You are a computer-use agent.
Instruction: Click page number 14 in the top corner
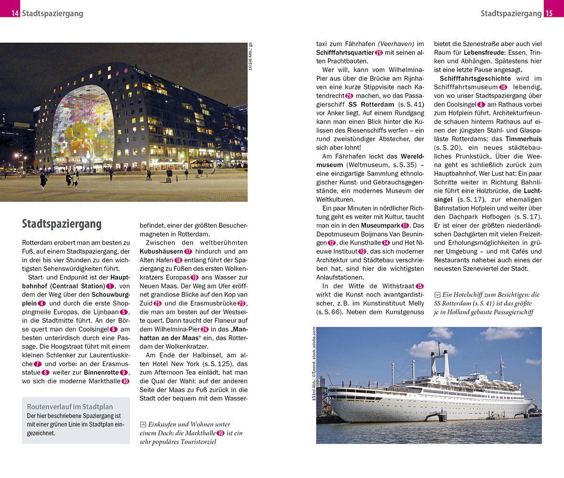[x=15, y=13]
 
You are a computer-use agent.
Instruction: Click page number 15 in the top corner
[x=549, y=13]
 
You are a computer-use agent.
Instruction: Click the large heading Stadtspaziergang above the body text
[x=62, y=224]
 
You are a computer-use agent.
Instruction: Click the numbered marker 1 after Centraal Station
[x=110, y=286]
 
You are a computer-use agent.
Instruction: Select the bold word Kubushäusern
[x=161, y=251]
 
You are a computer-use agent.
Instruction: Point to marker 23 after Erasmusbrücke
[x=241, y=303]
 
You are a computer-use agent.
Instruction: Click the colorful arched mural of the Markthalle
[x=82, y=127]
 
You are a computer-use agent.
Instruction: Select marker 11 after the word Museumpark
[x=405, y=225]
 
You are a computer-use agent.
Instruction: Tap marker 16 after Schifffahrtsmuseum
[x=503, y=87]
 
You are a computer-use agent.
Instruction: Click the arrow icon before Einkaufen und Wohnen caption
[x=143, y=424]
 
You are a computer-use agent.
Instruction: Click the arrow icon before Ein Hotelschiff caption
[x=437, y=295]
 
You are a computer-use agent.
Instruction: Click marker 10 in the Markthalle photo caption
[x=220, y=433]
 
